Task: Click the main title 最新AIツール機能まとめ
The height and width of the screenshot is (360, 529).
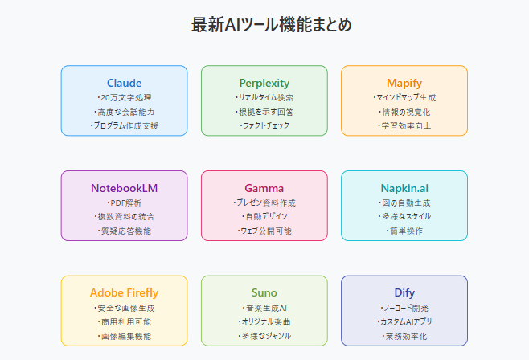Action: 271,25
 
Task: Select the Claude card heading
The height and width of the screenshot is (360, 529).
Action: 124,83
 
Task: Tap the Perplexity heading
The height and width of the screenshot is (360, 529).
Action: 264,84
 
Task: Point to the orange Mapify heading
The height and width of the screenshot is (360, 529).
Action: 404,84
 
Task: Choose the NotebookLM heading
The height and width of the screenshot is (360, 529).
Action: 124,188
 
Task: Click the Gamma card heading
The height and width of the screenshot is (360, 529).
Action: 264,188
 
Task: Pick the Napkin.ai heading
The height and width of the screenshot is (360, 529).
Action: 404,188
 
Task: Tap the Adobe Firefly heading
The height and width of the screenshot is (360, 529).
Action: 124,293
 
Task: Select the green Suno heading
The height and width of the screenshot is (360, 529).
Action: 264,293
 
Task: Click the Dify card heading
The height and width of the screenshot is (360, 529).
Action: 404,293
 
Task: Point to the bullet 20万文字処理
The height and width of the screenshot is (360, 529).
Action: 124,98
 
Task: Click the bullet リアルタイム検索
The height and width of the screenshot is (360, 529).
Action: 264,98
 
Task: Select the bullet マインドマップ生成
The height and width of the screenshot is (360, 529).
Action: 404,98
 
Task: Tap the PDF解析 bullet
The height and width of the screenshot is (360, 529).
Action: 124,203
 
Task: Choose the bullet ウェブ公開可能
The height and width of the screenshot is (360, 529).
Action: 264,231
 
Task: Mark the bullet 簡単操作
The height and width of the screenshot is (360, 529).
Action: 404,231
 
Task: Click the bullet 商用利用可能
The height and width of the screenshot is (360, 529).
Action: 124,322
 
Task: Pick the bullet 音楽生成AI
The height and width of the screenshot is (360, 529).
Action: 264,308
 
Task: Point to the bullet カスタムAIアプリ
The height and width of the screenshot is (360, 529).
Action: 404,322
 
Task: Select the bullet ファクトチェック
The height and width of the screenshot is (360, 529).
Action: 264,125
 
